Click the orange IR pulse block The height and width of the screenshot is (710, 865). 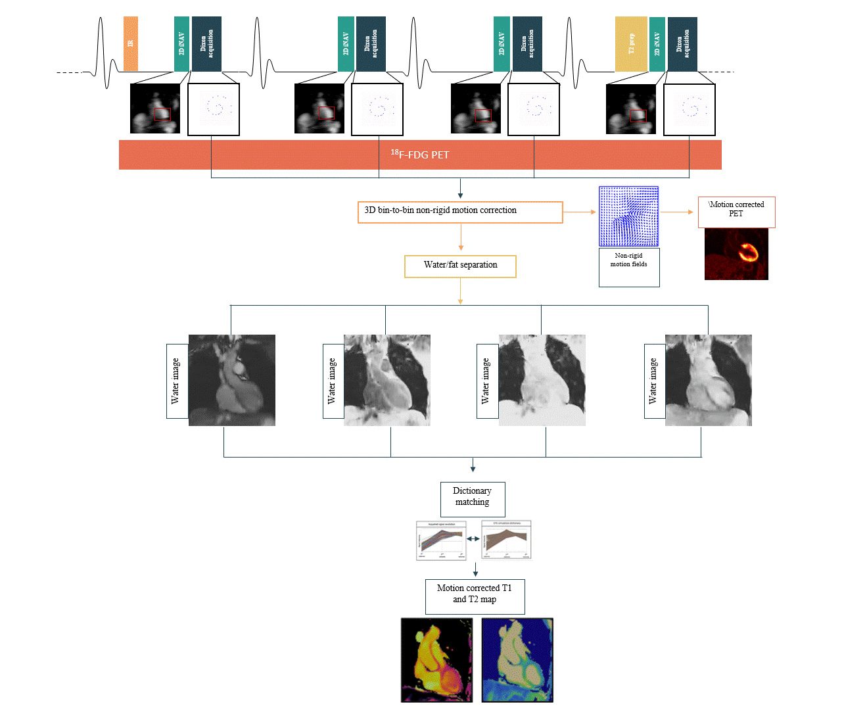(131, 43)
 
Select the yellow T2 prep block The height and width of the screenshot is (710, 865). (631, 44)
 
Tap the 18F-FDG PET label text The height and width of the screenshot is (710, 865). (420, 154)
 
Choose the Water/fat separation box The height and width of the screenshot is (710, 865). (460, 266)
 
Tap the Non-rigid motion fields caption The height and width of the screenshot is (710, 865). (628, 260)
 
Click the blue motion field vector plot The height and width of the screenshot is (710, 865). (628, 216)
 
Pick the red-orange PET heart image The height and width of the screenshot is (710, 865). (736, 254)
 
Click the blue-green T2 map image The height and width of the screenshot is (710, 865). (517, 660)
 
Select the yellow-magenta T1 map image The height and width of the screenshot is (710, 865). (436, 660)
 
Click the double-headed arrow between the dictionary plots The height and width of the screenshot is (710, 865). (473, 538)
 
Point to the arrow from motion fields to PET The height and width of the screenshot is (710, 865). (677, 212)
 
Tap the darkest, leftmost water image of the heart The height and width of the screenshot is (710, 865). (231, 380)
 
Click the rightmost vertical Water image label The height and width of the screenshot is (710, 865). (653, 381)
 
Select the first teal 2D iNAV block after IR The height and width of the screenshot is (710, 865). (181, 44)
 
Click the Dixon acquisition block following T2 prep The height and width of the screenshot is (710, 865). (682, 44)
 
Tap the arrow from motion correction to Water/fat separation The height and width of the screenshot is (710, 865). (461, 237)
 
